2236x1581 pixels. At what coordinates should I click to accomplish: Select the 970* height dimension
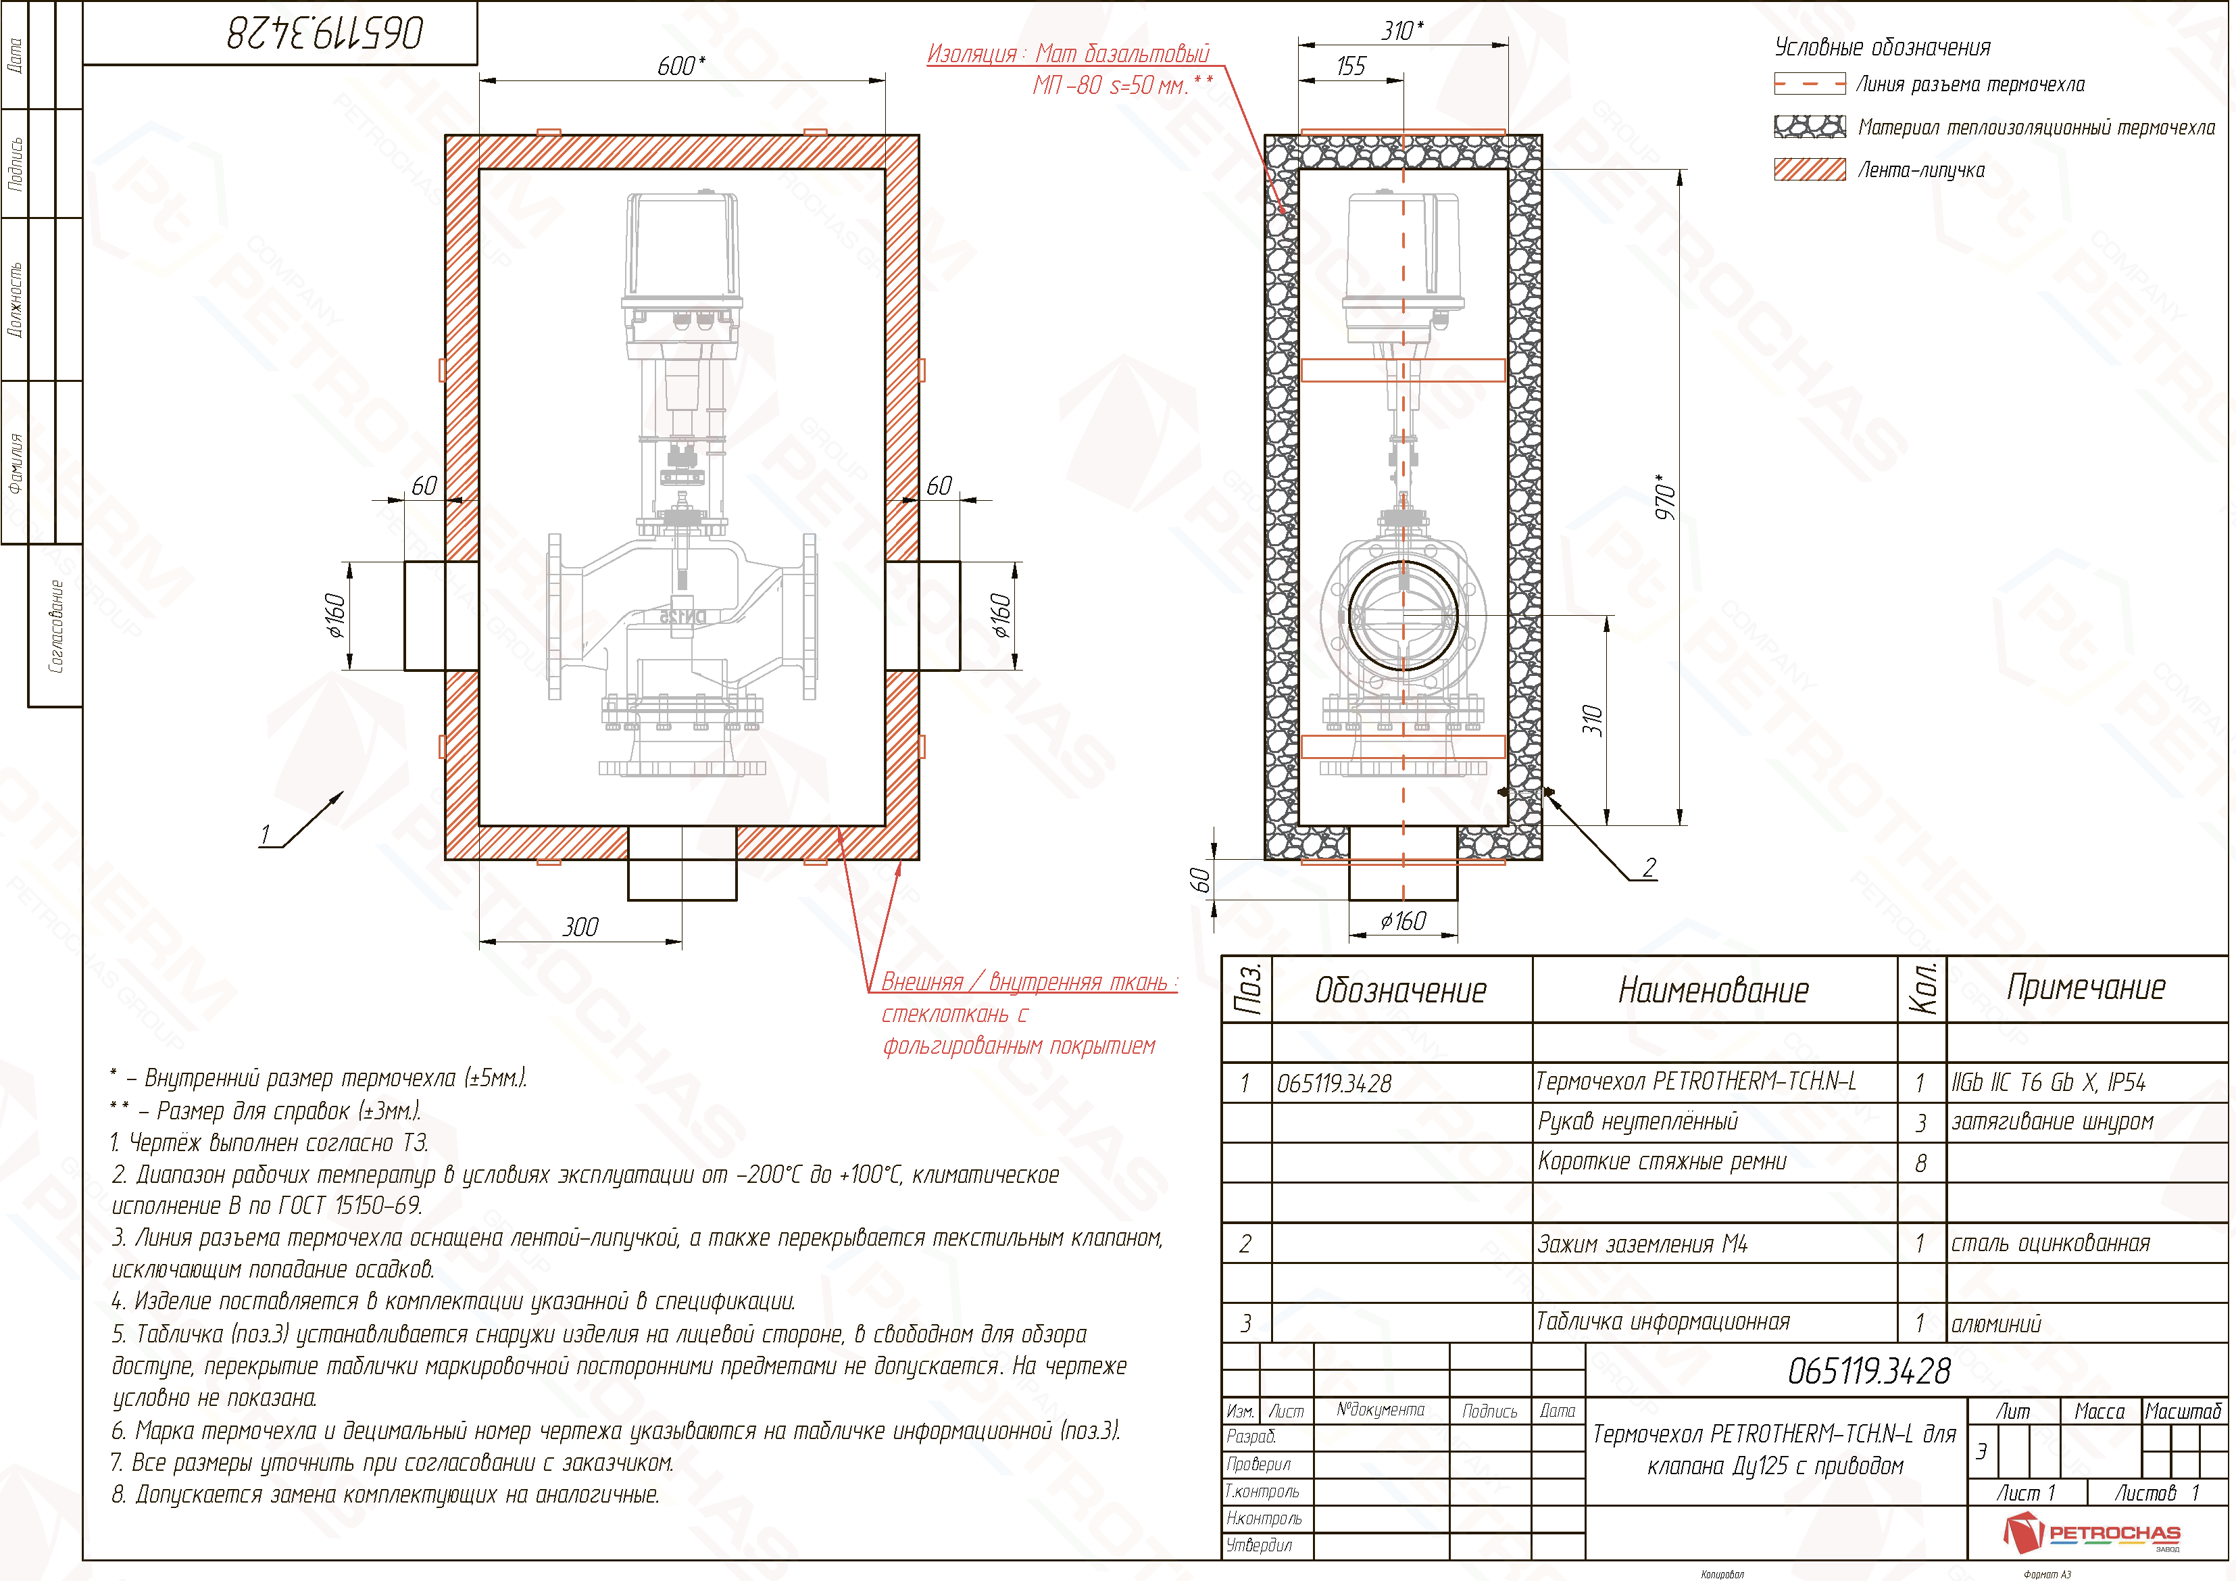point(1666,497)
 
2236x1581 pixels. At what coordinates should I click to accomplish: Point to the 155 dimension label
point(1351,66)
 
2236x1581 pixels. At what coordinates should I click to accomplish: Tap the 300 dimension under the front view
point(581,927)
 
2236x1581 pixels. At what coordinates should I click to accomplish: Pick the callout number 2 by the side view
point(1649,867)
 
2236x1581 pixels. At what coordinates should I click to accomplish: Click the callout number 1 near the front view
point(265,835)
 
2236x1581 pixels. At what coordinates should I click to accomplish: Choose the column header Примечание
point(2087,988)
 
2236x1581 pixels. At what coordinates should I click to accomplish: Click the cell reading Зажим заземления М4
point(1643,1244)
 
